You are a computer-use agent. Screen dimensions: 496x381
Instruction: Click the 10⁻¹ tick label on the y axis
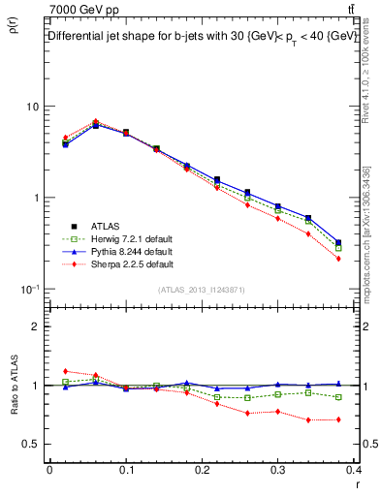pyautogui.click(x=30, y=289)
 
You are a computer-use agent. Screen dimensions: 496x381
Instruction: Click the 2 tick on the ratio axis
pyautogui.click(x=35, y=326)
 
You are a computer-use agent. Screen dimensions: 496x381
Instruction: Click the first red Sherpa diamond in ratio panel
pyautogui.click(x=65, y=371)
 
